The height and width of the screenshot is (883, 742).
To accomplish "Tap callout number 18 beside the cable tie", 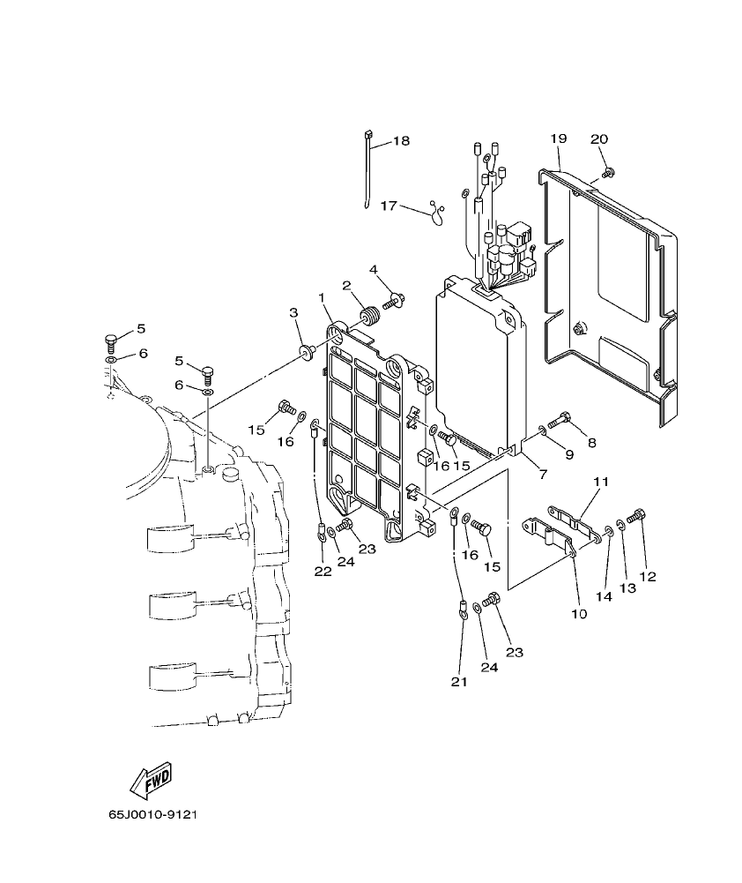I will coord(401,140).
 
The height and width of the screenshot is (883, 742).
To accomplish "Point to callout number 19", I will coord(558,138).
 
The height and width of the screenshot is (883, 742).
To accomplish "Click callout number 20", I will coord(599,138).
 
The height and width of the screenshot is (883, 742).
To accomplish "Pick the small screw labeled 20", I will coord(607,172).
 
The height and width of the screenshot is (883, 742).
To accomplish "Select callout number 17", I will coord(389,206).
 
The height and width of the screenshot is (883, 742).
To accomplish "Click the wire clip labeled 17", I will coord(434,211).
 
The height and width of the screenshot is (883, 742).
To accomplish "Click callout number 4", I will coord(374,269).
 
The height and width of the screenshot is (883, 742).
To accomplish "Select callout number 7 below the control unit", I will coord(542,475).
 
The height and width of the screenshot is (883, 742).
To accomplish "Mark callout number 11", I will coord(601,483).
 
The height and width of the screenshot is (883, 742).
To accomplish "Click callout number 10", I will coord(579,614).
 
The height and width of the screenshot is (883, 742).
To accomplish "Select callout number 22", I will coord(323,572).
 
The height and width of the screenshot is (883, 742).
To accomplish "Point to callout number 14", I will coord(603,596).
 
